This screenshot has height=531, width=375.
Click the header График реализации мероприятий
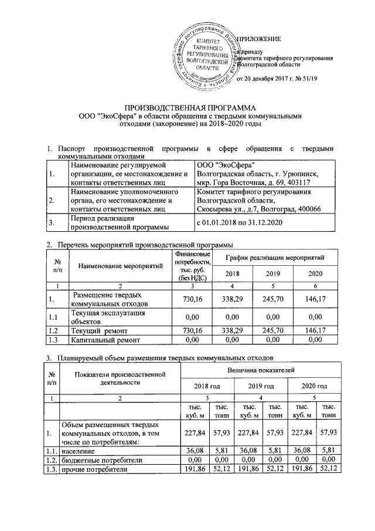coord(275,258)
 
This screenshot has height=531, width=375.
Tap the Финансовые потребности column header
coord(189,265)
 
